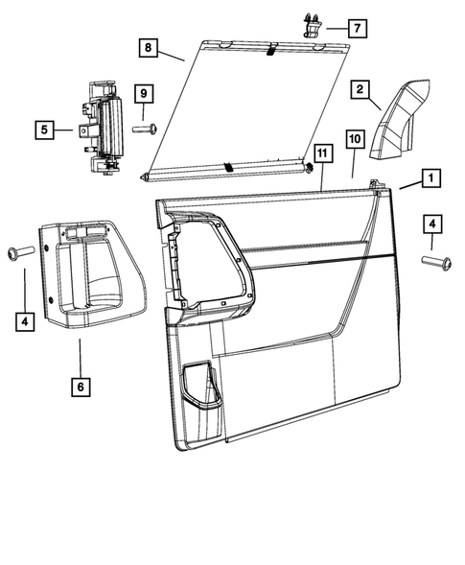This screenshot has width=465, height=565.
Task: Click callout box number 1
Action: tap(430, 178)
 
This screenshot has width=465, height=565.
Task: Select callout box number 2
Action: tap(360, 90)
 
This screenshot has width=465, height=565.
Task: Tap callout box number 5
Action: tap(44, 127)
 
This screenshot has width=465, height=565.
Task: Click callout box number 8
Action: tap(148, 46)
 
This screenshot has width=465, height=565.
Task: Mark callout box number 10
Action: tap(354, 140)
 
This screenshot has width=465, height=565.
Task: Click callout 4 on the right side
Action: tap(433, 224)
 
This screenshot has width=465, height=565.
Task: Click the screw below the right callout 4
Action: tap(434, 260)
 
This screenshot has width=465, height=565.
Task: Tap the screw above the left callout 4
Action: tap(19, 251)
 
